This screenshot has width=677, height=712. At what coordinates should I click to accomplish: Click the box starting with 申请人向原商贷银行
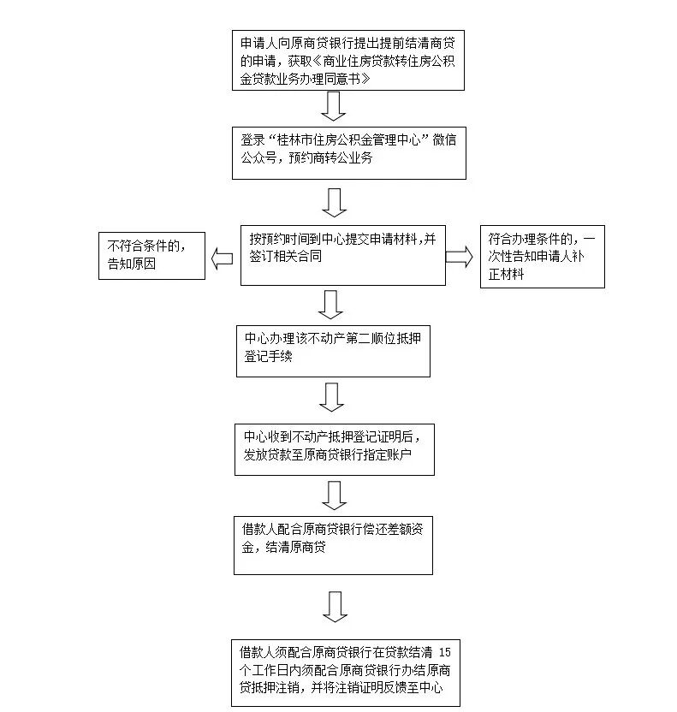coord(348,61)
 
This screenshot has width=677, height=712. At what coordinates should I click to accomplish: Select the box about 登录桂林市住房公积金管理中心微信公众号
coord(348,153)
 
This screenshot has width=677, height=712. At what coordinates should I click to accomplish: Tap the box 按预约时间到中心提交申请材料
coord(342,255)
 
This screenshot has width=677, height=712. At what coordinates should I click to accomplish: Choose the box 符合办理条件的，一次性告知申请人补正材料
coord(542,256)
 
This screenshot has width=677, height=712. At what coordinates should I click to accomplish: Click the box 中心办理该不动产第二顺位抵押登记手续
coord(333,351)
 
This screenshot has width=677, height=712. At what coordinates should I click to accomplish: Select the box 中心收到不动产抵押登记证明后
coord(334,448)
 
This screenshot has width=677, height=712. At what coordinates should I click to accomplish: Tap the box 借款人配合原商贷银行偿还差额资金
coord(333,544)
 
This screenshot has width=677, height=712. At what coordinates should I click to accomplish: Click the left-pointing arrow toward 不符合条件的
coord(222,259)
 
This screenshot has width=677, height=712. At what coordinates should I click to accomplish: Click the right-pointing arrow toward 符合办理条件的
coord(459,258)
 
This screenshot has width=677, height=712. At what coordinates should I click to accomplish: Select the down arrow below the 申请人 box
coord(334,106)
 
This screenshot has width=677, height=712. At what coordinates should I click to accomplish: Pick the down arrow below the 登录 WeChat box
coord(334,202)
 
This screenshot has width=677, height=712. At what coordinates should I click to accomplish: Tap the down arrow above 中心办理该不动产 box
coord(330,304)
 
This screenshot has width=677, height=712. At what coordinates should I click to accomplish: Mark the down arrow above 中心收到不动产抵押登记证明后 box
coord(332,397)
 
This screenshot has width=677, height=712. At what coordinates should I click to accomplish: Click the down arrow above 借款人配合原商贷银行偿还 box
coord(334,495)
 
